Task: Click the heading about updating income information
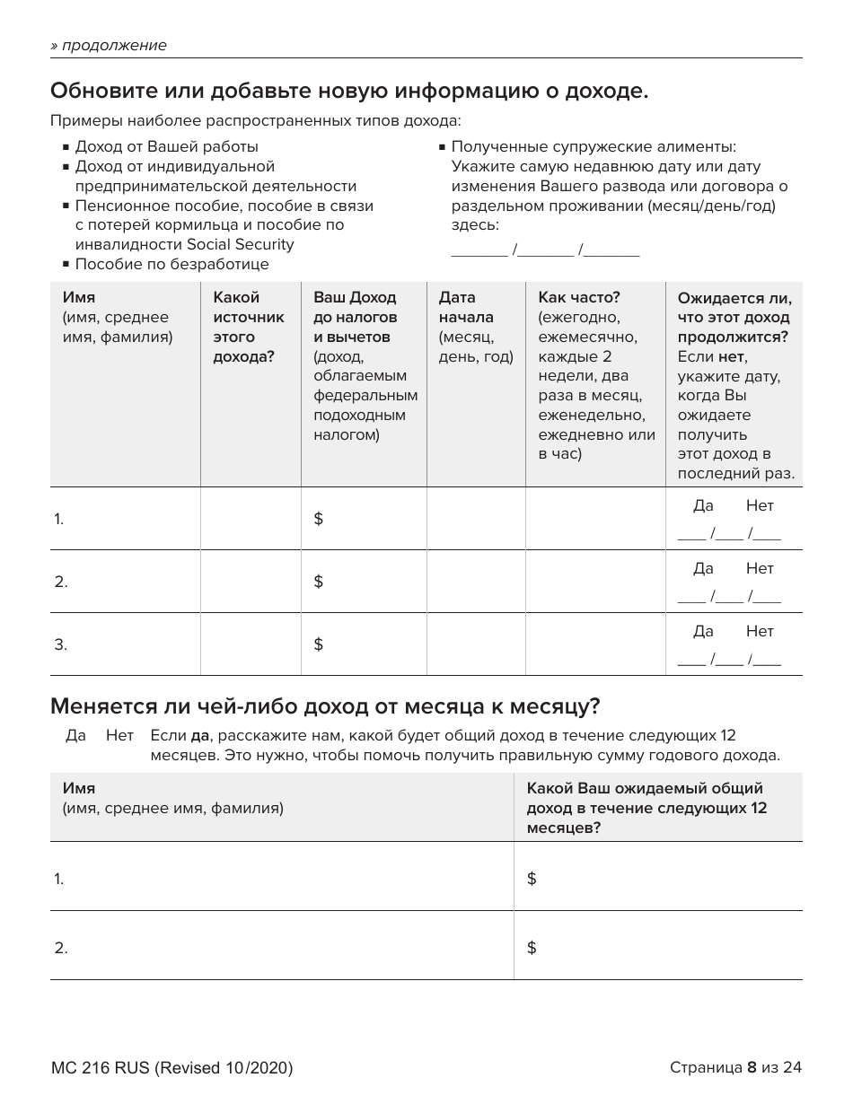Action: [x=349, y=91]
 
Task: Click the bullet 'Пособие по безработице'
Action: [x=171, y=264]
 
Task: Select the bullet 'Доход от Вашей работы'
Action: [x=166, y=146]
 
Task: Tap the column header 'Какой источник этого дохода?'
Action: [x=248, y=327]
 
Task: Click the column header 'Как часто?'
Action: [x=579, y=297]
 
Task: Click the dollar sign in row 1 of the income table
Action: [x=318, y=519]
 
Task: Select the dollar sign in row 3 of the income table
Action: [x=318, y=644]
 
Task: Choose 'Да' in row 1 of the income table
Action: [x=703, y=506]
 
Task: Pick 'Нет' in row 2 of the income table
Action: [x=759, y=569]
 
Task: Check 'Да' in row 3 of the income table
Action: [x=703, y=632]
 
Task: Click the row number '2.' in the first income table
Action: [x=61, y=582]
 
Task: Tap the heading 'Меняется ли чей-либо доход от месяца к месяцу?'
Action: [x=325, y=706]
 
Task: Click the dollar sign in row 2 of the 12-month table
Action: [x=532, y=948]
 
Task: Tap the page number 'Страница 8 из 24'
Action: [x=735, y=1068]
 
